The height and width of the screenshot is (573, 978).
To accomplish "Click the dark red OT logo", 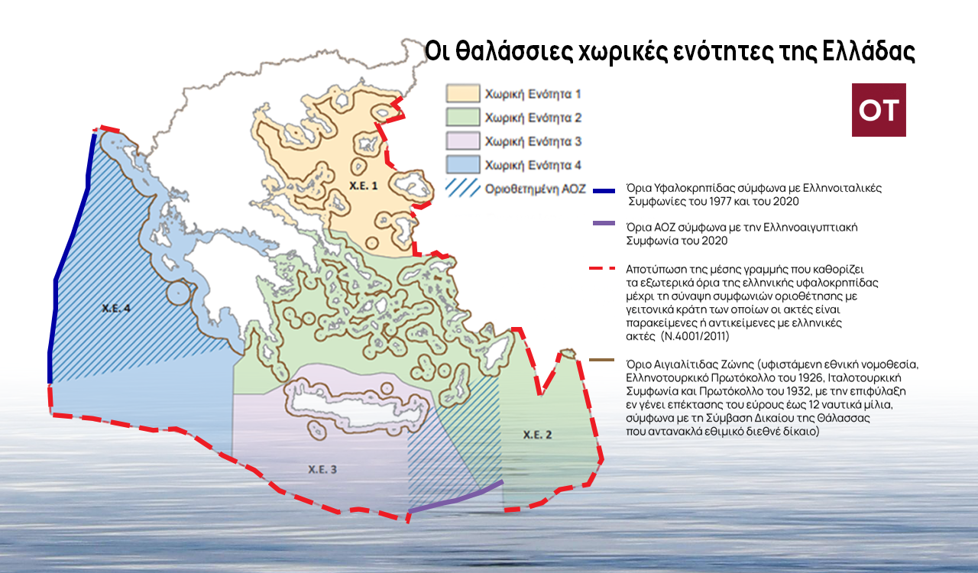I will tap(879, 110).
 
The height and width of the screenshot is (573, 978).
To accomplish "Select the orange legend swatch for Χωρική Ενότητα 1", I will tap(462, 94).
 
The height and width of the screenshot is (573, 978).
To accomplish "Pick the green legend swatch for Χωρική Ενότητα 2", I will tap(462, 118).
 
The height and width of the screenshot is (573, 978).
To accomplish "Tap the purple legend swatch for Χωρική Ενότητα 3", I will tap(462, 141).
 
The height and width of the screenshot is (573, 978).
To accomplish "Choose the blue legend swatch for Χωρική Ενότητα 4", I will tap(462, 164).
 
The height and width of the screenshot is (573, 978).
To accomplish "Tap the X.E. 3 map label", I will tap(322, 469).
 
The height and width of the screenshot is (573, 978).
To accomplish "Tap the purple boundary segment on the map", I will tap(455, 497).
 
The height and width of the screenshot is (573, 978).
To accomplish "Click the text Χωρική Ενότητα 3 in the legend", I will tap(533, 141).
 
